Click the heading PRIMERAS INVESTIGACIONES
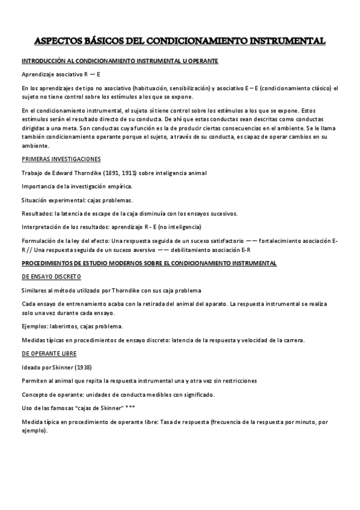pos(61,159)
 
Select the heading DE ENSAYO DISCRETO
pos(51,277)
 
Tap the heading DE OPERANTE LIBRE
pos(49,353)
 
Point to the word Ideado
pos(31,367)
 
